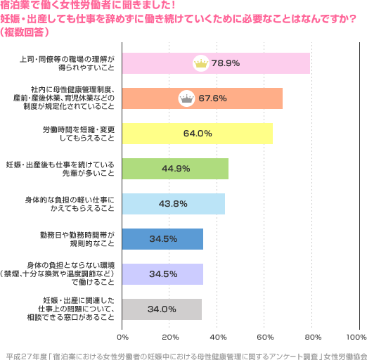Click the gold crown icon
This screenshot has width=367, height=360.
(200, 63)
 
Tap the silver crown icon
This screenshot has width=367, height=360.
(187, 98)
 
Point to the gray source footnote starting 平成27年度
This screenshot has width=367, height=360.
(183, 349)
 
